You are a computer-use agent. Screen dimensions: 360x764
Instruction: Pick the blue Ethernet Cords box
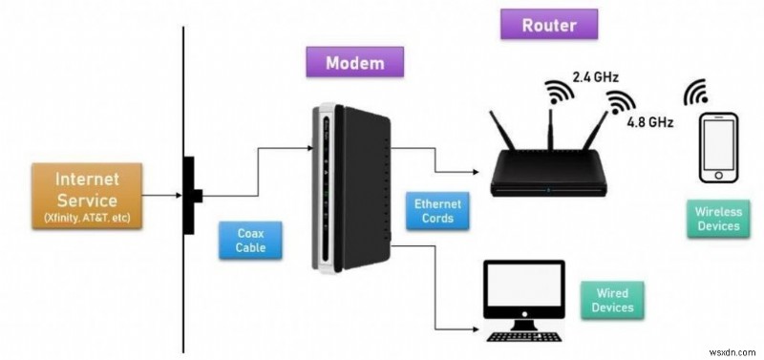tap(437, 211)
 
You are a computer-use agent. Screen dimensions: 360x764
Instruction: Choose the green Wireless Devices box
tap(717, 219)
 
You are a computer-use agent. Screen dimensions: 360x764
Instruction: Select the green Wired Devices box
tap(611, 301)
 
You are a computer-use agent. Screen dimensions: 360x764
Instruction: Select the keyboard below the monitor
tap(522, 335)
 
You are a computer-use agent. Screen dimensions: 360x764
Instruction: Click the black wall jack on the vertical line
tap(190, 195)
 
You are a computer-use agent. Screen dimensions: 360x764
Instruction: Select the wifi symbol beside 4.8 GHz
tap(622, 102)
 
